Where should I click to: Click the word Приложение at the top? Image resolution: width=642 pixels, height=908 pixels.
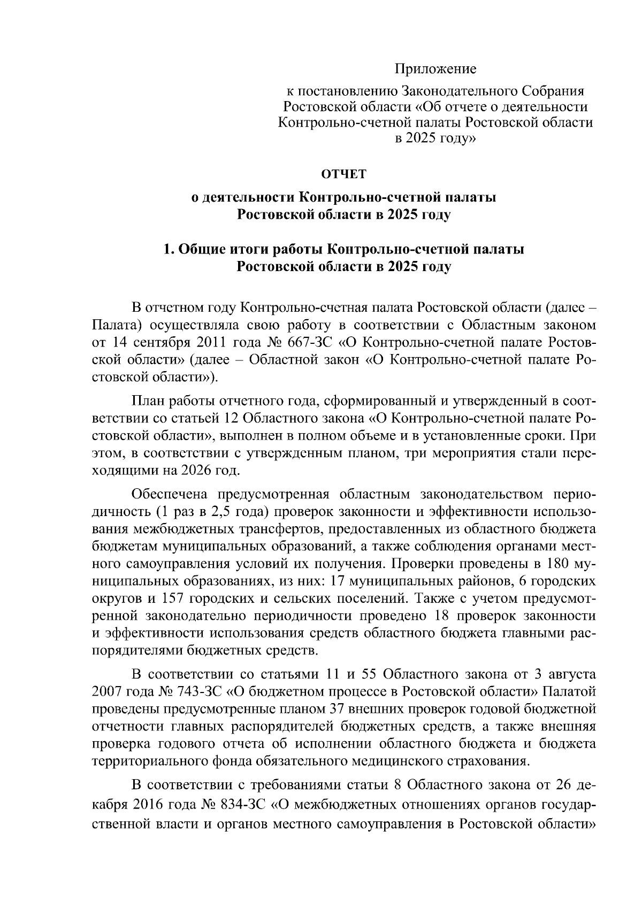(435, 69)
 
